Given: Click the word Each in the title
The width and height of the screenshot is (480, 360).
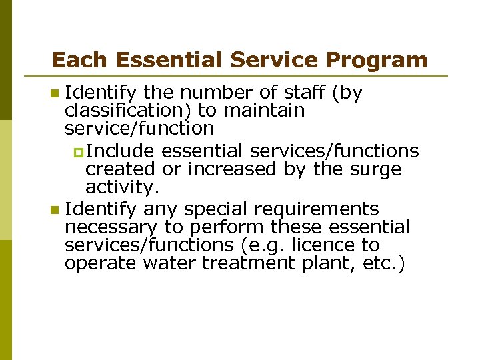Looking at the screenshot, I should [71, 60].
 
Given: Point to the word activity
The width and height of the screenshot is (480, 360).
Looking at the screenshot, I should [123, 186].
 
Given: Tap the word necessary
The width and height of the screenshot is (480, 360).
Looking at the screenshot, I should [111, 228].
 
